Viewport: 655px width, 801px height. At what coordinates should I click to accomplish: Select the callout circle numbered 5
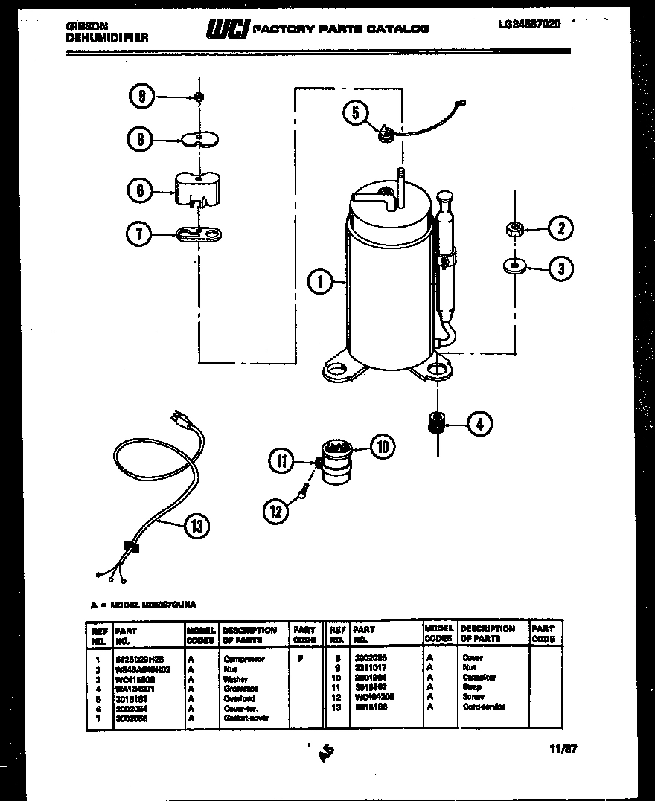click(356, 113)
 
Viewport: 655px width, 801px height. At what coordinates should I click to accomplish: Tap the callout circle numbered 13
click(196, 527)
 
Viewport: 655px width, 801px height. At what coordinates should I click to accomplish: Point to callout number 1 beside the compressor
click(319, 281)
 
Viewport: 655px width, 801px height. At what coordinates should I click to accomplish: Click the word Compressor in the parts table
click(243, 659)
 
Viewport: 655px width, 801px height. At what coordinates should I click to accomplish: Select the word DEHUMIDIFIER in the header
click(107, 36)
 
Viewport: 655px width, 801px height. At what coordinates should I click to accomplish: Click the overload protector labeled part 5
click(386, 134)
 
